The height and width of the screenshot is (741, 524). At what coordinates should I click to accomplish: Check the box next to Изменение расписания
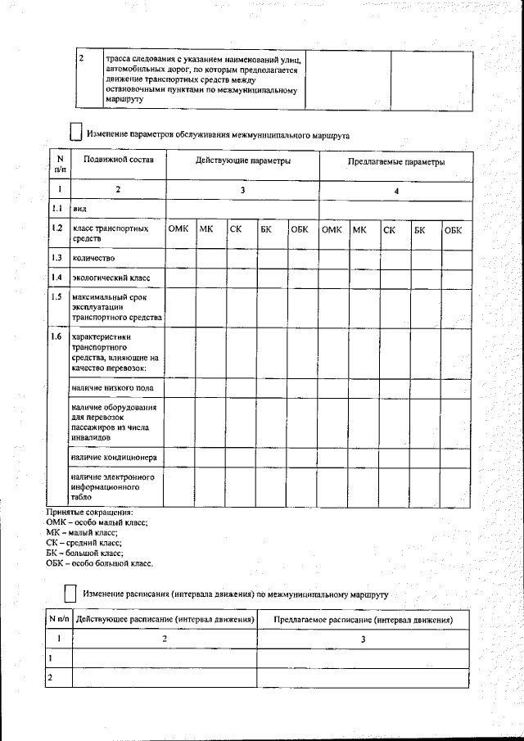pyautogui.click(x=70, y=591)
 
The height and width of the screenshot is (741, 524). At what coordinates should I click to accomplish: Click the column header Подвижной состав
pyautogui.click(x=107, y=162)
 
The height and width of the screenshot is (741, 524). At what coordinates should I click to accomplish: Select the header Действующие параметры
pyautogui.click(x=242, y=162)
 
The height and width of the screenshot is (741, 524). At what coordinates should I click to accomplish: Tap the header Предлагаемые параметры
pyautogui.click(x=396, y=163)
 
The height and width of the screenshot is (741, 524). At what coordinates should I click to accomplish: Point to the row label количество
pyautogui.click(x=93, y=258)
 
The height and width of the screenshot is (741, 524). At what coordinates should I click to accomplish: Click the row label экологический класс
pyautogui.click(x=106, y=278)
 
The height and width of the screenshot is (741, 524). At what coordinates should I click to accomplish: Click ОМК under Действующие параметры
pyautogui.click(x=179, y=230)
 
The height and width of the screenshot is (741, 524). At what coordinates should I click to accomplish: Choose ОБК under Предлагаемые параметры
pyautogui.click(x=453, y=230)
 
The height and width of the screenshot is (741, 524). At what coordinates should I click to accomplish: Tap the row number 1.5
pyautogui.click(x=56, y=296)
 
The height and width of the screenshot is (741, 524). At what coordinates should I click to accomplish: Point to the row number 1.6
pyautogui.click(x=56, y=337)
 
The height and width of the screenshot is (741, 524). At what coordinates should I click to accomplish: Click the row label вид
pyautogui.click(x=79, y=210)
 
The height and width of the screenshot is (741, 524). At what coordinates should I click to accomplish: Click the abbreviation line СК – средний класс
pyautogui.click(x=84, y=542)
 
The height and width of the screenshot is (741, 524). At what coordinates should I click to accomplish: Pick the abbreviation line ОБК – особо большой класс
pyautogui.click(x=100, y=563)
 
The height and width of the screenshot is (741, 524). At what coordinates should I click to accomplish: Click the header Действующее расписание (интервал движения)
pyautogui.click(x=165, y=621)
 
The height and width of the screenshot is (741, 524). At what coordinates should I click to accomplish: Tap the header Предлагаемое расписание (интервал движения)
pyautogui.click(x=364, y=621)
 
